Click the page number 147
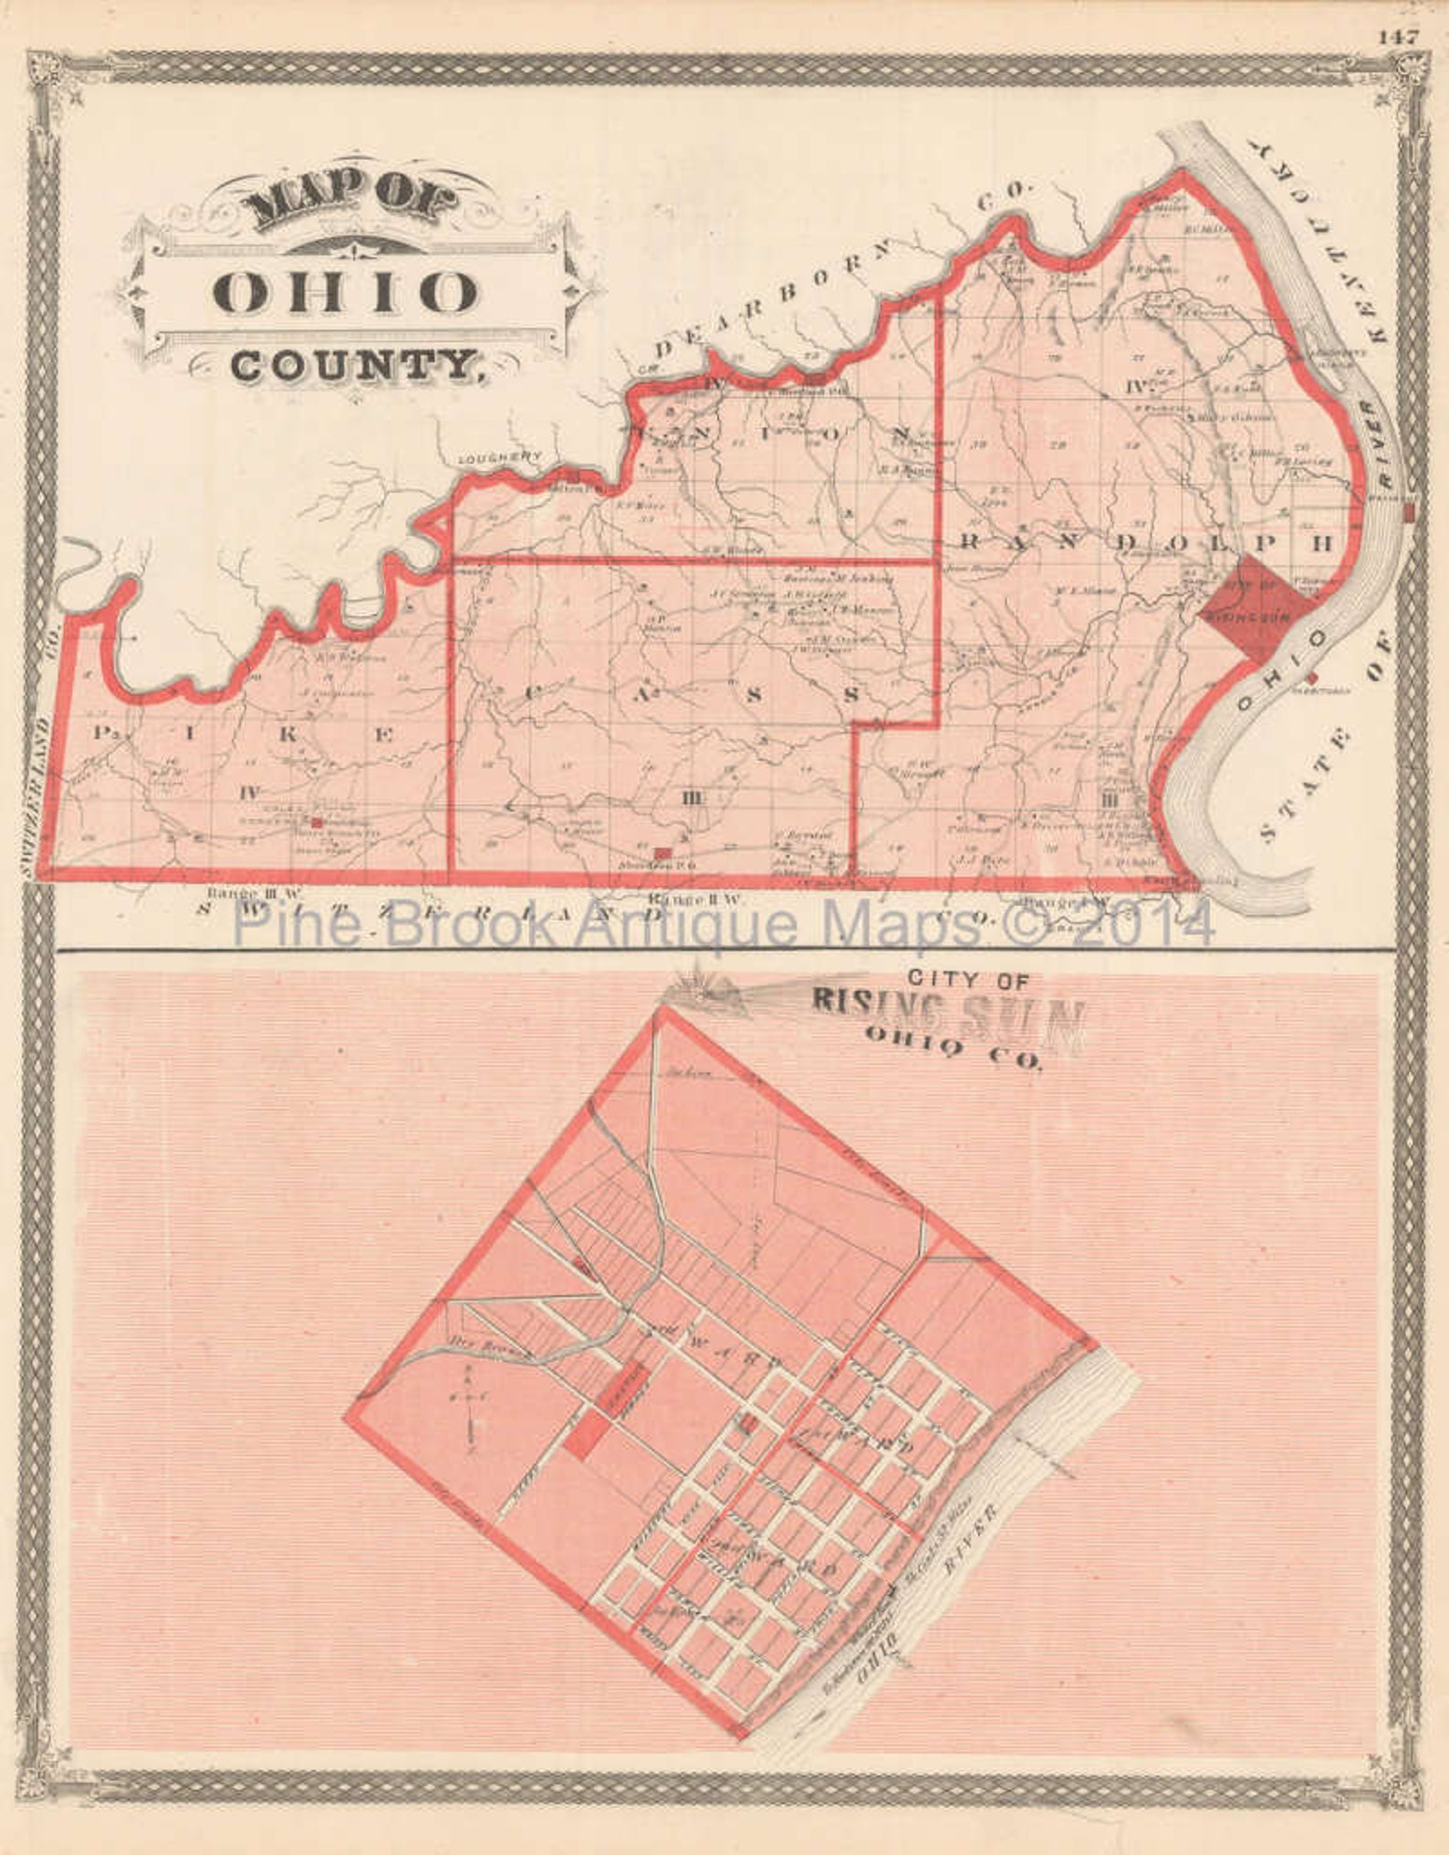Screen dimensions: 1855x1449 (1399, 37)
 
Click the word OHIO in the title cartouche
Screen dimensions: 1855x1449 (345, 293)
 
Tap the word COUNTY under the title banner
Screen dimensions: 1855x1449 (354, 366)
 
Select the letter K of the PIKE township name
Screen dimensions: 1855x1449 (288, 735)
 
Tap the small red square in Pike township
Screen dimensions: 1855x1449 (317, 821)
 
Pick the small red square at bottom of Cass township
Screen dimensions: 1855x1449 (664, 852)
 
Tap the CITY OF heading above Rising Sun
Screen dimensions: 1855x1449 (967, 980)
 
